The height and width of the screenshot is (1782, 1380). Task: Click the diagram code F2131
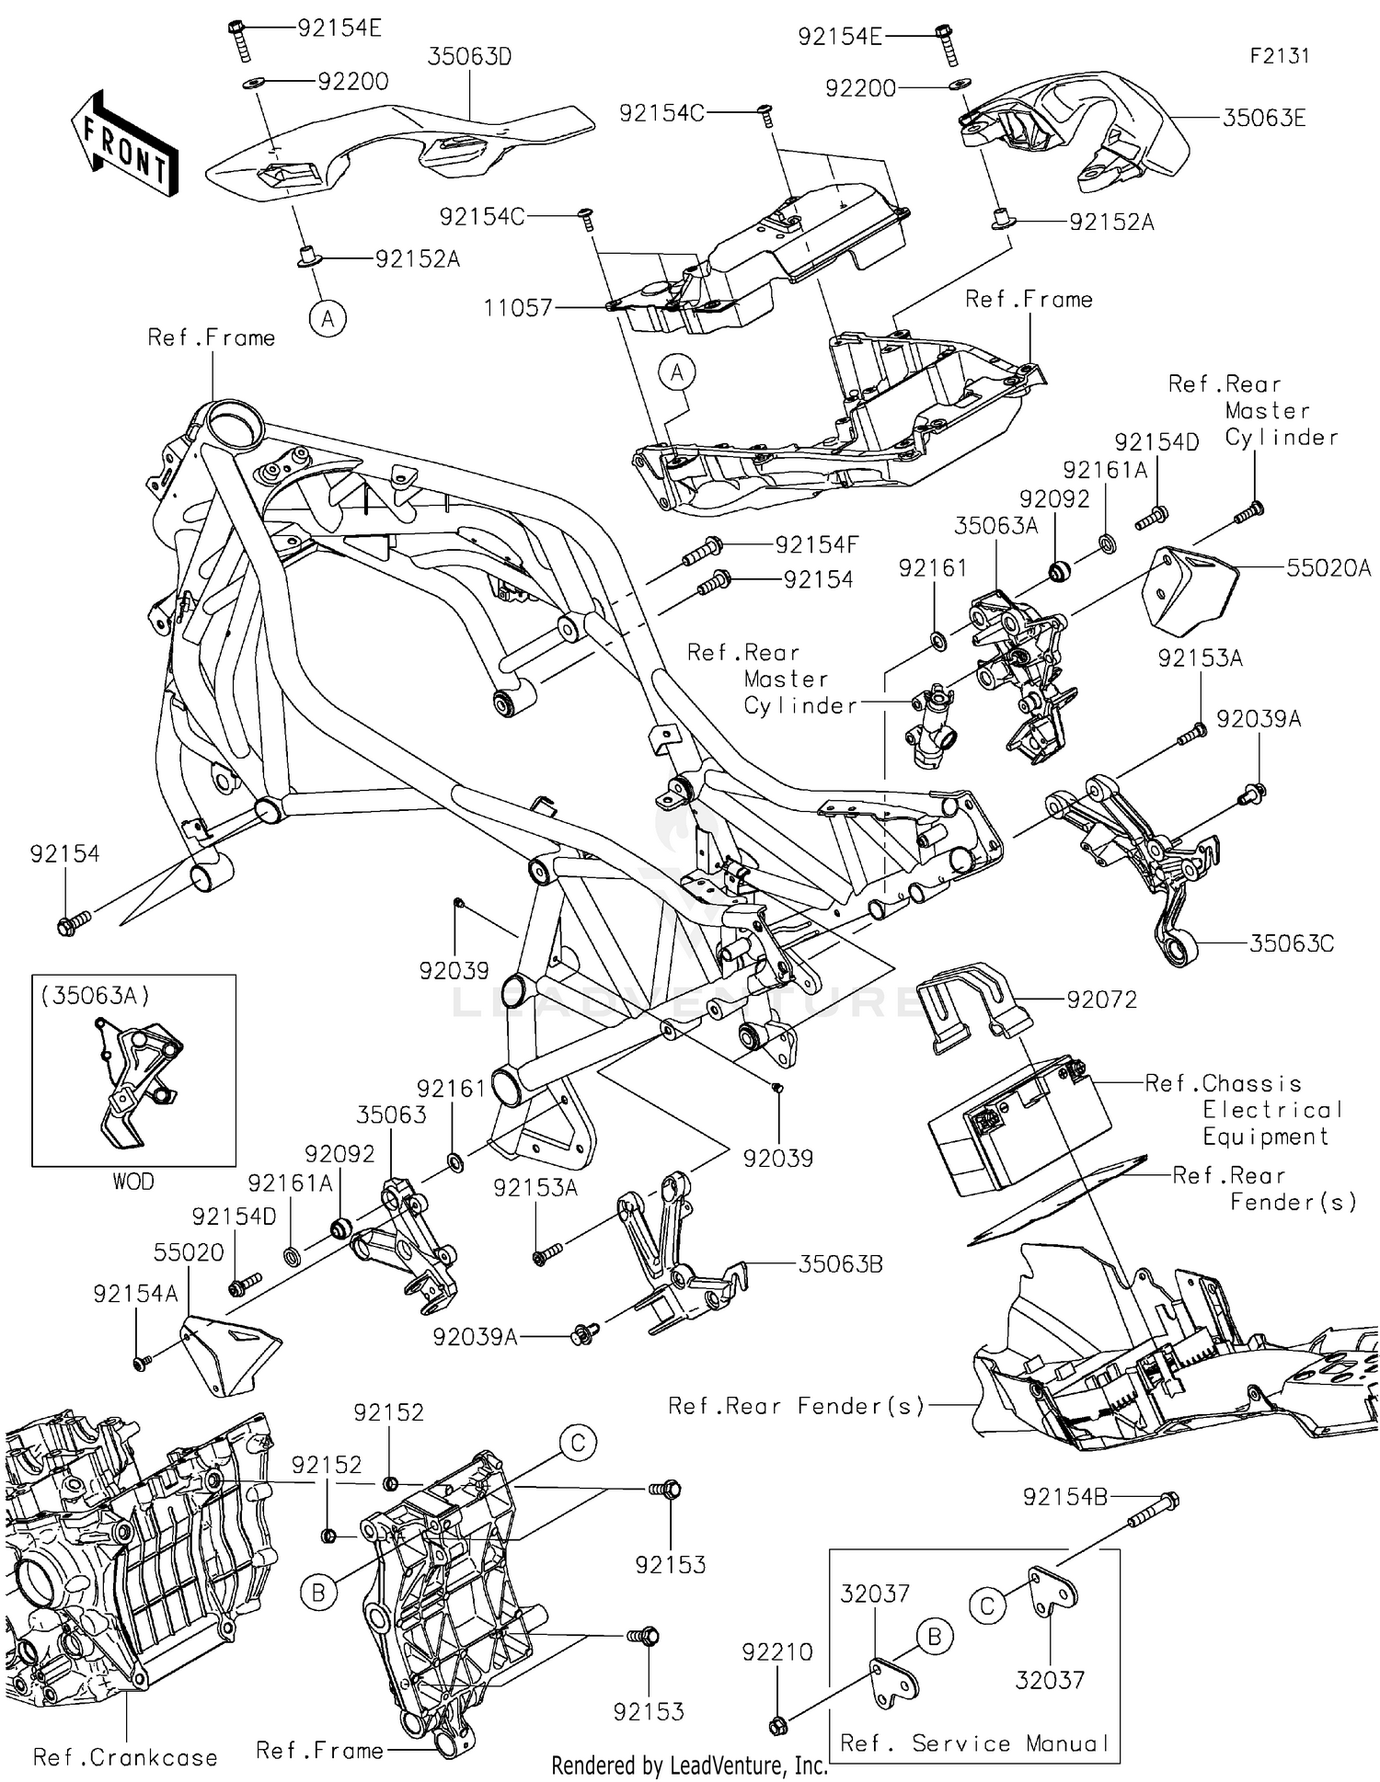tap(1279, 56)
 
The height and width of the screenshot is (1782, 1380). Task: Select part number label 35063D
tap(469, 57)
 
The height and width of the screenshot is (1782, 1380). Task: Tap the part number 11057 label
tap(518, 308)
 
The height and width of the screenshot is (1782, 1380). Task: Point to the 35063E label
tap(1264, 119)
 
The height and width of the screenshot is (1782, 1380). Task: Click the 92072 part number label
tap(1101, 1000)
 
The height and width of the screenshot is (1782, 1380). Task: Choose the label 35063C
tap(1291, 943)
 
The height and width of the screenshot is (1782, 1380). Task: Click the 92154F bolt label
tap(816, 545)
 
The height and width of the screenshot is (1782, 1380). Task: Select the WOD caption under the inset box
tap(133, 1182)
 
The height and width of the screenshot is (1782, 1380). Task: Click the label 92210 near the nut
tap(777, 1652)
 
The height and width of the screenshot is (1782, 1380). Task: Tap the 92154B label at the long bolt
tap(1064, 1498)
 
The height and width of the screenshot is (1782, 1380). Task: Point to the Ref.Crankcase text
tap(125, 1758)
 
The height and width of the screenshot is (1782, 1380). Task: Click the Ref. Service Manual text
tap(974, 1743)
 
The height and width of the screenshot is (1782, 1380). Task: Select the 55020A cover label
tap(1328, 569)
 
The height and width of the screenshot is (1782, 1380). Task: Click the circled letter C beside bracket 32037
tap(987, 1606)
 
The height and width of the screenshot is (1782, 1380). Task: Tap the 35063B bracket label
tap(840, 1264)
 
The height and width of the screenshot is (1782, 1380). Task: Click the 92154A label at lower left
tap(135, 1295)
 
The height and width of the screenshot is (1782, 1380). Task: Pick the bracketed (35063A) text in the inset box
tap(95, 995)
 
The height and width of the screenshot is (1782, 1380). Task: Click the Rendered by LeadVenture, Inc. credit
tap(689, 1765)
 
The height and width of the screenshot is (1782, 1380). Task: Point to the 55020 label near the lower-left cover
tap(189, 1252)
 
